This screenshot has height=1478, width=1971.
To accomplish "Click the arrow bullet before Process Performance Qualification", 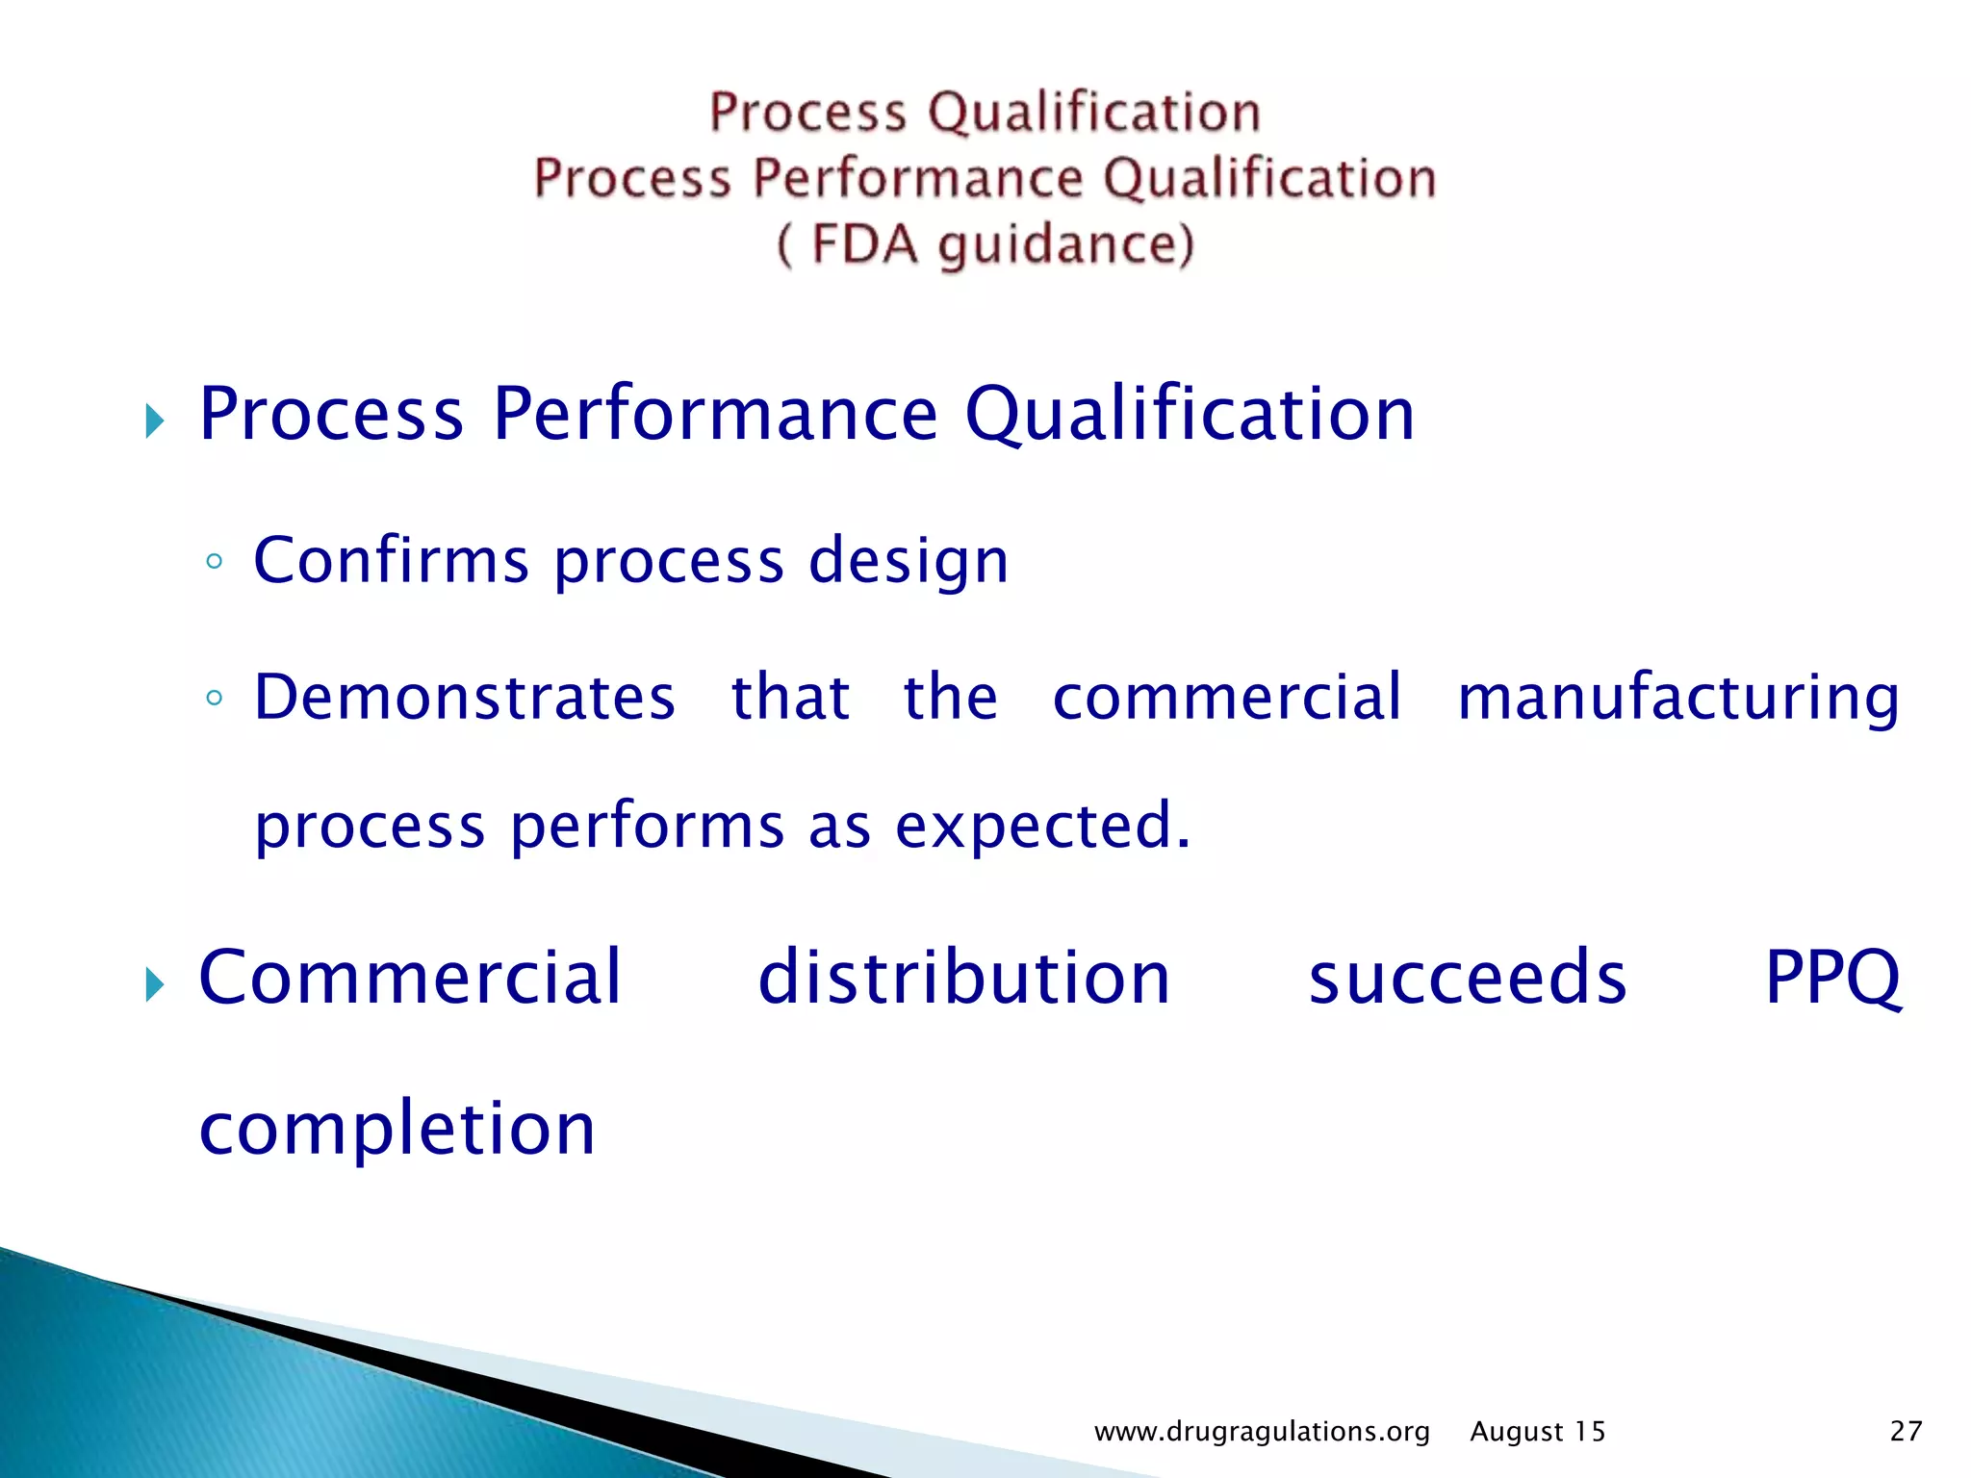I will [x=155, y=420].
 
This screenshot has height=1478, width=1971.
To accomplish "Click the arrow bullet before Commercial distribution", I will [x=155, y=984].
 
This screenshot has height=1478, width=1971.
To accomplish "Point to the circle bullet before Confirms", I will [x=215, y=562].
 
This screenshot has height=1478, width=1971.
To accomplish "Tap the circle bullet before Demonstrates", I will [x=215, y=699].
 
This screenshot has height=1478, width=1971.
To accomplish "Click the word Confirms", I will [x=391, y=560].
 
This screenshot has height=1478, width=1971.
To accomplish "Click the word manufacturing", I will [x=1678, y=699].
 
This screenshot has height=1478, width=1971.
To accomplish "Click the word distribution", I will [x=964, y=978].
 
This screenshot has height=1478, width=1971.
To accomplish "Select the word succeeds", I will [x=1467, y=980].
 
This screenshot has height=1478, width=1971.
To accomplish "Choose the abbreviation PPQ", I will [x=1832, y=980].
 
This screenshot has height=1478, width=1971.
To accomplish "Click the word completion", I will [x=397, y=1130].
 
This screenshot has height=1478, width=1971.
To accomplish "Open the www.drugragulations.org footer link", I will [x=1262, y=1432].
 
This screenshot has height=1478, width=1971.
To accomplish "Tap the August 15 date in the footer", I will [x=1537, y=1432].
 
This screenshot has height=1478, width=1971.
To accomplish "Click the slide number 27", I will [x=1906, y=1432].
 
